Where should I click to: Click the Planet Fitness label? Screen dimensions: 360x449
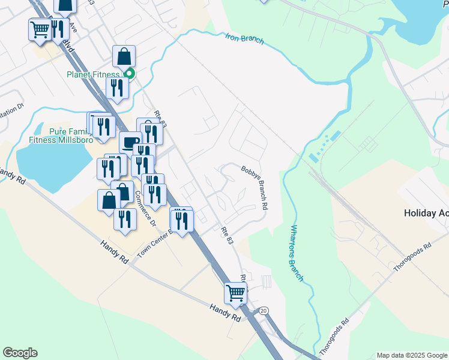(x=94, y=74)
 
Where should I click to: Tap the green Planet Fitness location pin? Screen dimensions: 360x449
(x=129, y=74)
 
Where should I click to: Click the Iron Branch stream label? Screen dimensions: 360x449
(x=244, y=38)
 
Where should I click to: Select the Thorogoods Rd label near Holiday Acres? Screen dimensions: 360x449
(x=412, y=256)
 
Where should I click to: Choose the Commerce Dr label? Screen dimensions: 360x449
(x=145, y=208)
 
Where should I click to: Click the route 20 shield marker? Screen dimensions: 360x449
(x=264, y=311)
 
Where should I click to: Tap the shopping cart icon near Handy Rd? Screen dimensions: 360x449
(x=236, y=293)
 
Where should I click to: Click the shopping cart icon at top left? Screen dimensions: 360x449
(x=40, y=28)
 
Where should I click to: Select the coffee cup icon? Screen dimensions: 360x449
(x=130, y=143)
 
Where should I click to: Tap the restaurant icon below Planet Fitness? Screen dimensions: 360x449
(x=117, y=88)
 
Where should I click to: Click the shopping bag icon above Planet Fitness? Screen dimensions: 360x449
(x=124, y=56)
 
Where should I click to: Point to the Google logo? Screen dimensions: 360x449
(x=20, y=353)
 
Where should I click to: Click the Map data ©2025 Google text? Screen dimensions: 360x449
(x=411, y=355)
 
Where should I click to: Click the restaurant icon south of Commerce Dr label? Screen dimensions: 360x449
(x=125, y=220)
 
